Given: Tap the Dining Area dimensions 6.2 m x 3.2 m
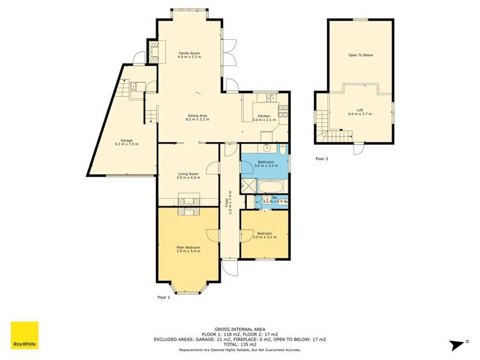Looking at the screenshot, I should pyautogui.click(x=196, y=120).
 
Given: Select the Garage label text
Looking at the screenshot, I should pyautogui.click(x=126, y=140).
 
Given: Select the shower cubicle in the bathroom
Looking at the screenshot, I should pyautogui.click(x=247, y=186).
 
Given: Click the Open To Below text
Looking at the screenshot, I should pyautogui.click(x=360, y=55).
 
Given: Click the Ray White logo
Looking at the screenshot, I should pyautogui.click(x=24, y=336).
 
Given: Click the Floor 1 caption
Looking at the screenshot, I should pyautogui.click(x=163, y=298).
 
